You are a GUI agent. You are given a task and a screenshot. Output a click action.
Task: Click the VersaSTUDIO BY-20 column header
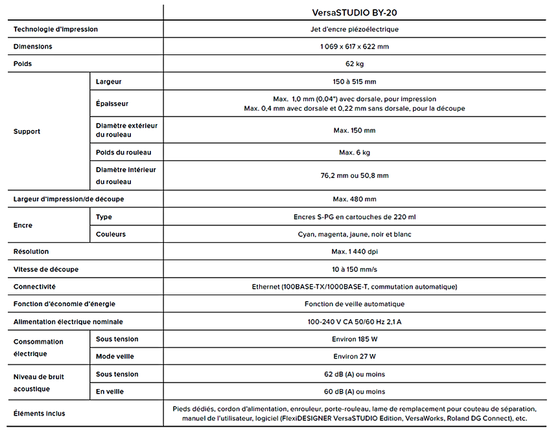(355, 12)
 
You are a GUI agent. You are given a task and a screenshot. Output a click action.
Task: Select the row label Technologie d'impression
(56, 29)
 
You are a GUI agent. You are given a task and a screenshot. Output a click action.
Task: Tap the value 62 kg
(355, 63)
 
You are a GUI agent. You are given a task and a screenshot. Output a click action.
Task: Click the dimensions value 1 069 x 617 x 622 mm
(355, 47)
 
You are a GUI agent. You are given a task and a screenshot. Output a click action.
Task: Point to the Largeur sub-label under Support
(108, 82)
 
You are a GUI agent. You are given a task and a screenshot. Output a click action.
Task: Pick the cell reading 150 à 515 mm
(355, 82)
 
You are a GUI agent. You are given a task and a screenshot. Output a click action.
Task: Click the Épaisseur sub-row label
(111, 104)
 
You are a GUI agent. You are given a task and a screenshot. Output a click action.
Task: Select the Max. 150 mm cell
(355, 130)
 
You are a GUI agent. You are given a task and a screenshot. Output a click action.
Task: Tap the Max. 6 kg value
(355, 152)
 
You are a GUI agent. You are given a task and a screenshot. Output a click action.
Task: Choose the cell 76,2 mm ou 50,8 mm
(355, 175)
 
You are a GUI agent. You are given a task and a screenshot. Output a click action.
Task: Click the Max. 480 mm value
(355, 199)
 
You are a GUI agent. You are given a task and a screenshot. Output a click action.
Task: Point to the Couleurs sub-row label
(110, 234)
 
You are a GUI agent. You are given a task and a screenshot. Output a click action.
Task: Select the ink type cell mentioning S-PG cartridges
(355, 217)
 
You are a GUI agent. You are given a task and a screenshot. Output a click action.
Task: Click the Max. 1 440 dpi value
(355, 251)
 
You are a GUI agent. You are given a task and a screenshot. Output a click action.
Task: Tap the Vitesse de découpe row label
(50, 269)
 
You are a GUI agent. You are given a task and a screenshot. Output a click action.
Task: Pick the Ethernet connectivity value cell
(355, 286)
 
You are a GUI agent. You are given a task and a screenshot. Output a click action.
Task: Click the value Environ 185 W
(355, 339)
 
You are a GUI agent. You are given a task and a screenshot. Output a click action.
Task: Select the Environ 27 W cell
(355, 356)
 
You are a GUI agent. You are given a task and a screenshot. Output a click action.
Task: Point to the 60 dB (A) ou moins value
(355, 391)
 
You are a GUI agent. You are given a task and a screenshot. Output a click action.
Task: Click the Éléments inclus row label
(40, 413)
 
